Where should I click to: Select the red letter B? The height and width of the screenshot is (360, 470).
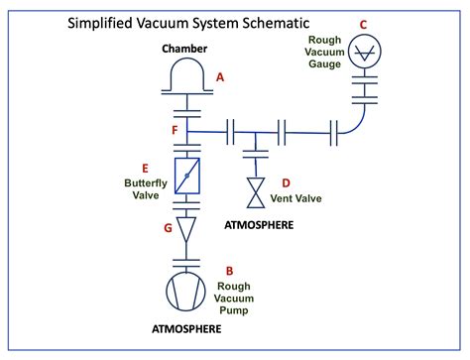coord(229,270)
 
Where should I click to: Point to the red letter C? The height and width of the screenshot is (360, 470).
coord(362,25)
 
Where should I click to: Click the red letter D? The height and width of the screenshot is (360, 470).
coord(287,182)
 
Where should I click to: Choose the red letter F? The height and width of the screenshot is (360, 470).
coord(174,130)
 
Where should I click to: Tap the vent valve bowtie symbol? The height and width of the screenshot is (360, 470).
coord(256,192)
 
